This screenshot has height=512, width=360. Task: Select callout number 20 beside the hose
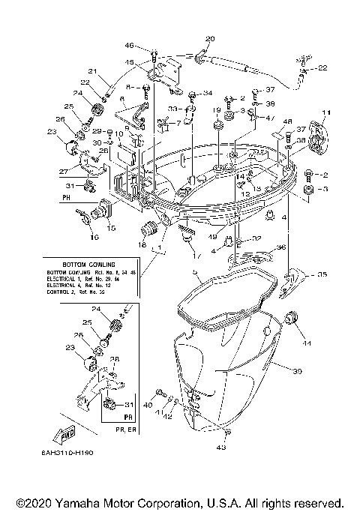(x=209, y=38)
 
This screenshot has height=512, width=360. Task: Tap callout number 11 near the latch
(x=325, y=113)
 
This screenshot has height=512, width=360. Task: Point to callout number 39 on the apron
(x=297, y=371)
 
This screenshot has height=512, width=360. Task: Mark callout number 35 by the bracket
(x=322, y=275)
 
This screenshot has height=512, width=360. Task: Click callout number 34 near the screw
(x=208, y=94)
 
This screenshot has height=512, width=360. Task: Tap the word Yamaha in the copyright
(x=87, y=502)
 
